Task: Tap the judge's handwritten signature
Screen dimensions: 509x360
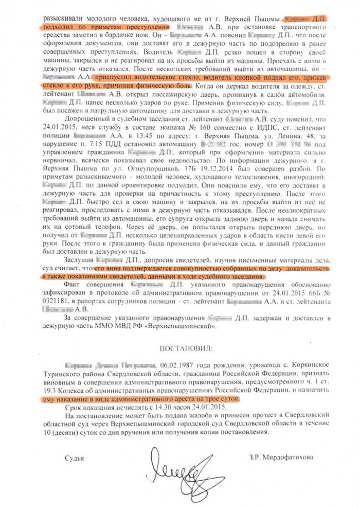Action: click(x=180, y=466)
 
